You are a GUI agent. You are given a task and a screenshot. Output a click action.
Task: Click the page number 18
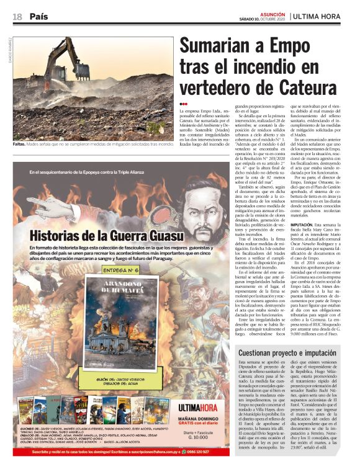(x=17, y=16)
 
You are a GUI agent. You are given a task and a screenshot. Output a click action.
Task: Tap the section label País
(x=38, y=16)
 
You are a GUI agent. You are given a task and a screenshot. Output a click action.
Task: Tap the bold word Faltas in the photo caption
(x=22, y=144)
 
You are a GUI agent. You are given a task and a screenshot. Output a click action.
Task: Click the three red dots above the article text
(x=184, y=103)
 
